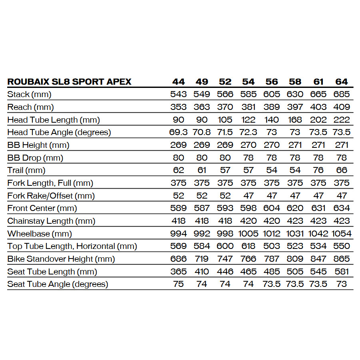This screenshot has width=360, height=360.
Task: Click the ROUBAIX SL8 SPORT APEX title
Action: pos(69,82)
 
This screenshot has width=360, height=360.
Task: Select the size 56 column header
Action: pos(272,82)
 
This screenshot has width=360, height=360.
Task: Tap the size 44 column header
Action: pos(179,82)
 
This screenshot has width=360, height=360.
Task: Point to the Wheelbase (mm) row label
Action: pos(40,234)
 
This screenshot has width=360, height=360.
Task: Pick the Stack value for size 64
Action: pos(342,94)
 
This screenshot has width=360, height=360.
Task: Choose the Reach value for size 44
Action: pos(179,107)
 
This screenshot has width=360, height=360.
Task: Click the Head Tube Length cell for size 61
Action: pos(318,120)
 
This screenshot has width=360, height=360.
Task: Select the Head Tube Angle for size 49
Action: pos(202,132)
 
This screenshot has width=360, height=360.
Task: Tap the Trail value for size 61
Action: pos(318,171)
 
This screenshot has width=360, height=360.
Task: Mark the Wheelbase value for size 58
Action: pos(295,234)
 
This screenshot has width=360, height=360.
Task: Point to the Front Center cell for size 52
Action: pos(225,208)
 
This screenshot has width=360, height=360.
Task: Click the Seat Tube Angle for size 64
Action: pos(342,284)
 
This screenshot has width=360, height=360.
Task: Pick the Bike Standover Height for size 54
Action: pos(249,259)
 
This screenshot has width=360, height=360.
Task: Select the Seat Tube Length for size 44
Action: pos(179,272)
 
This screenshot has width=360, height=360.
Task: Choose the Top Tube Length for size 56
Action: pos(272,246)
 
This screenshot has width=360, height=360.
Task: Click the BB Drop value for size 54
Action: pos(249,158)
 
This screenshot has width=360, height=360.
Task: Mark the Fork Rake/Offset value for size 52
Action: pos(225,196)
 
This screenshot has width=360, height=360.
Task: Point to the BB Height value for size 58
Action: pos(295,145)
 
